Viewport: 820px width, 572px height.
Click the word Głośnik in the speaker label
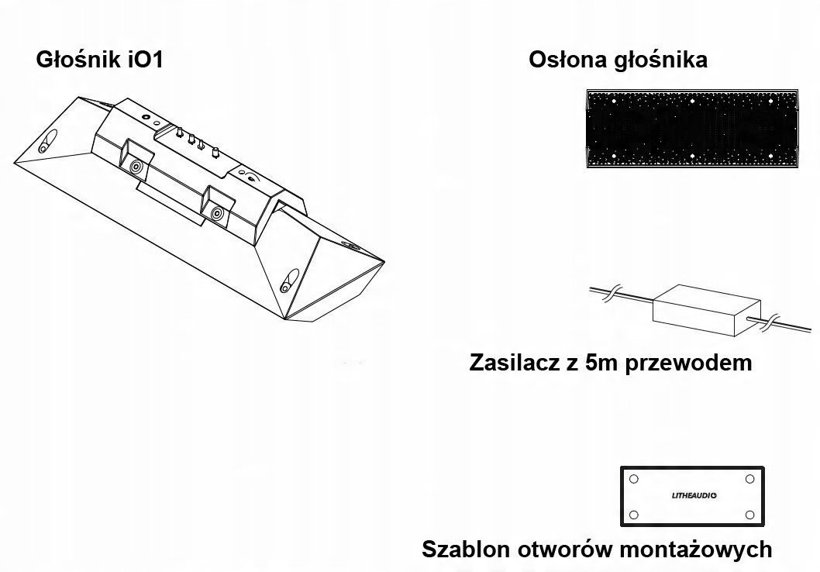click(x=78, y=60)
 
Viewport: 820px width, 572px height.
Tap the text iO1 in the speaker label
click(x=143, y=60)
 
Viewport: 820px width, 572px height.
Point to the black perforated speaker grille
click(x=691, y=129)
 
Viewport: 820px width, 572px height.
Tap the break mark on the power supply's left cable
click(x=610, y=295)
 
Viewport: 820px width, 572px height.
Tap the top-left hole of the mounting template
click(x=634, y=479)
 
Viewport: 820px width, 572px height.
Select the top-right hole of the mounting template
click(x=749, y=479)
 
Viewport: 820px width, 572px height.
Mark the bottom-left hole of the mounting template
click(x=634, y=515)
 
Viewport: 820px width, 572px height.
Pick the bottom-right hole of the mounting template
click(x=749, y=515)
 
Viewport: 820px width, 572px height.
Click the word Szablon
click(x=466, y=550)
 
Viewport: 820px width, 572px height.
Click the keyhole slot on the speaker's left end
click(x=47, y=143)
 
